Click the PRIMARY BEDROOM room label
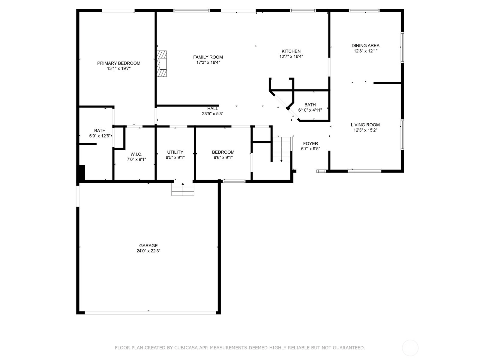point(118,63)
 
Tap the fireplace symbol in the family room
point(161,64)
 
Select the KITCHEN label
point(291,51)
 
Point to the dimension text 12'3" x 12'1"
point(365,51)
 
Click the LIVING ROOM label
point(365,125)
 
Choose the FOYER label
point(310,143)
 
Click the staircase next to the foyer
point(281,149)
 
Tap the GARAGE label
point(148,245)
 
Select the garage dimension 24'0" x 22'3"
point(148,251)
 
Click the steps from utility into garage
point(183,189)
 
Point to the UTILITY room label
point(175,152)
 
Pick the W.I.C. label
point(136,154)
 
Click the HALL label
point(213,109)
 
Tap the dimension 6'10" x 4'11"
point(310,110)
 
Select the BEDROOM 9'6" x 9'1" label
point(223,152)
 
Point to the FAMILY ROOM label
point(208,57)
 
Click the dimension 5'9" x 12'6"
point(100,136)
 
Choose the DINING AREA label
point(365,46)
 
